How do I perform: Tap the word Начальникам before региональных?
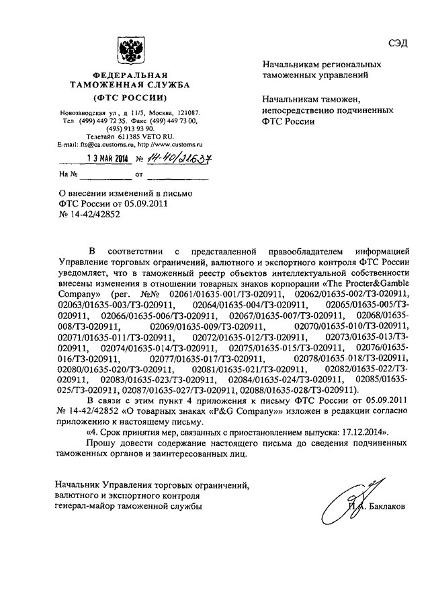point(290,65)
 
